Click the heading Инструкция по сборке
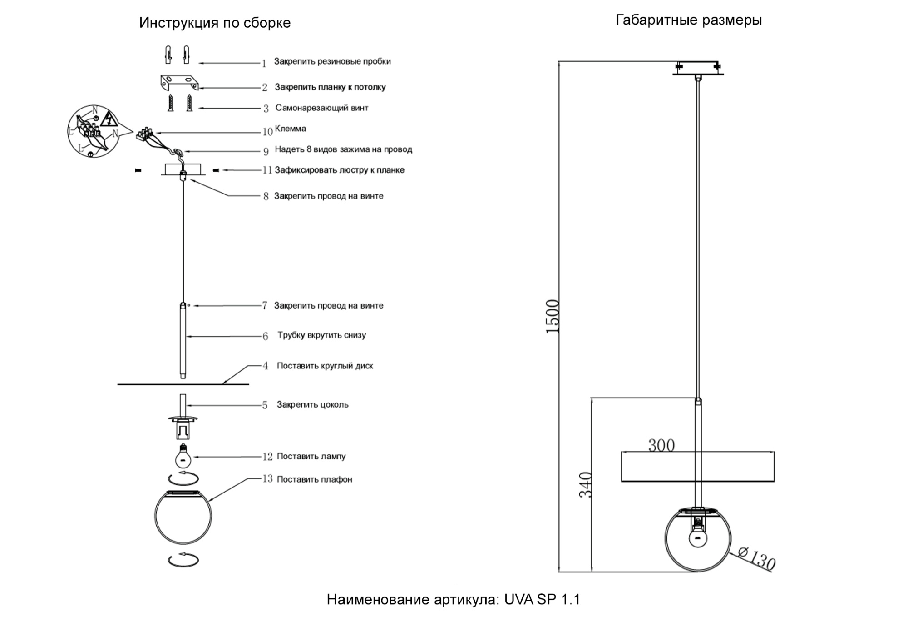click(x=215, y=23)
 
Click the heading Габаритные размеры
click(x=688, y=20)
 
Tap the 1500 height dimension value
click(x=552, y=317)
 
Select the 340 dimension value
click(x=586, y=485)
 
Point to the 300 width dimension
click(x=661, y=445)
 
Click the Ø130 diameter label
click(x=756, y=558)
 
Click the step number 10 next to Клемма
click(x=267, y=132)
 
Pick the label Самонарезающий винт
click(x=321, y=108)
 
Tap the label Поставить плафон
click(x=314, y=479)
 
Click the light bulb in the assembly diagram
click(x=183, y=457)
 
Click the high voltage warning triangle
click(x=109, y=119)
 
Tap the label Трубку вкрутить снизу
click(x=321, y=335)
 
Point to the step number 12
click(x=267, y=457)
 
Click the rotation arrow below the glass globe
click(x=183, y=560)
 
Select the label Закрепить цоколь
click(x=312, y=405)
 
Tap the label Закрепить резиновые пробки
click(x=332, y=61)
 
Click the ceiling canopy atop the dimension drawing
click(x=698, y=68)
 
